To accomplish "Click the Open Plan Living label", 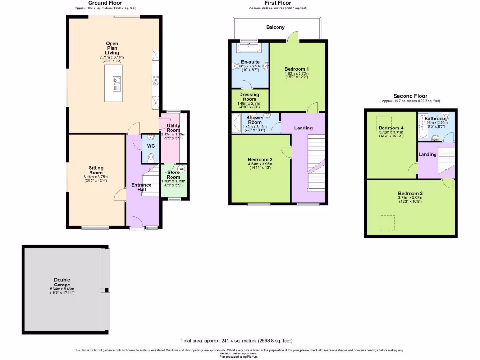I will [x=112, y=48].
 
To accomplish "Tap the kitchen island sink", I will [x=116, y=83].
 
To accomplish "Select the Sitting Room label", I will [x=96, y=170].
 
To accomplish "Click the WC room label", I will [x=151, y=146].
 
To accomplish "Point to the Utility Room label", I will [x=173, y=128].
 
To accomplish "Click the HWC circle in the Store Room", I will [x=181, y=169].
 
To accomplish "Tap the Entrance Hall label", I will [x=141, y=187].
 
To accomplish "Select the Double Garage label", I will [x=62, y=282].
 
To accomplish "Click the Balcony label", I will [x=275, y=27].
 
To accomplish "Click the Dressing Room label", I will [x=249, y=97].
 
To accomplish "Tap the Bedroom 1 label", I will [x=296, y=69].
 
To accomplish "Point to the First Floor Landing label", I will [x=303, y=128].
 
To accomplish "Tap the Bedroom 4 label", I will [x=391, y=128].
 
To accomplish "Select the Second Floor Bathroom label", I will [x=435, y=119].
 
